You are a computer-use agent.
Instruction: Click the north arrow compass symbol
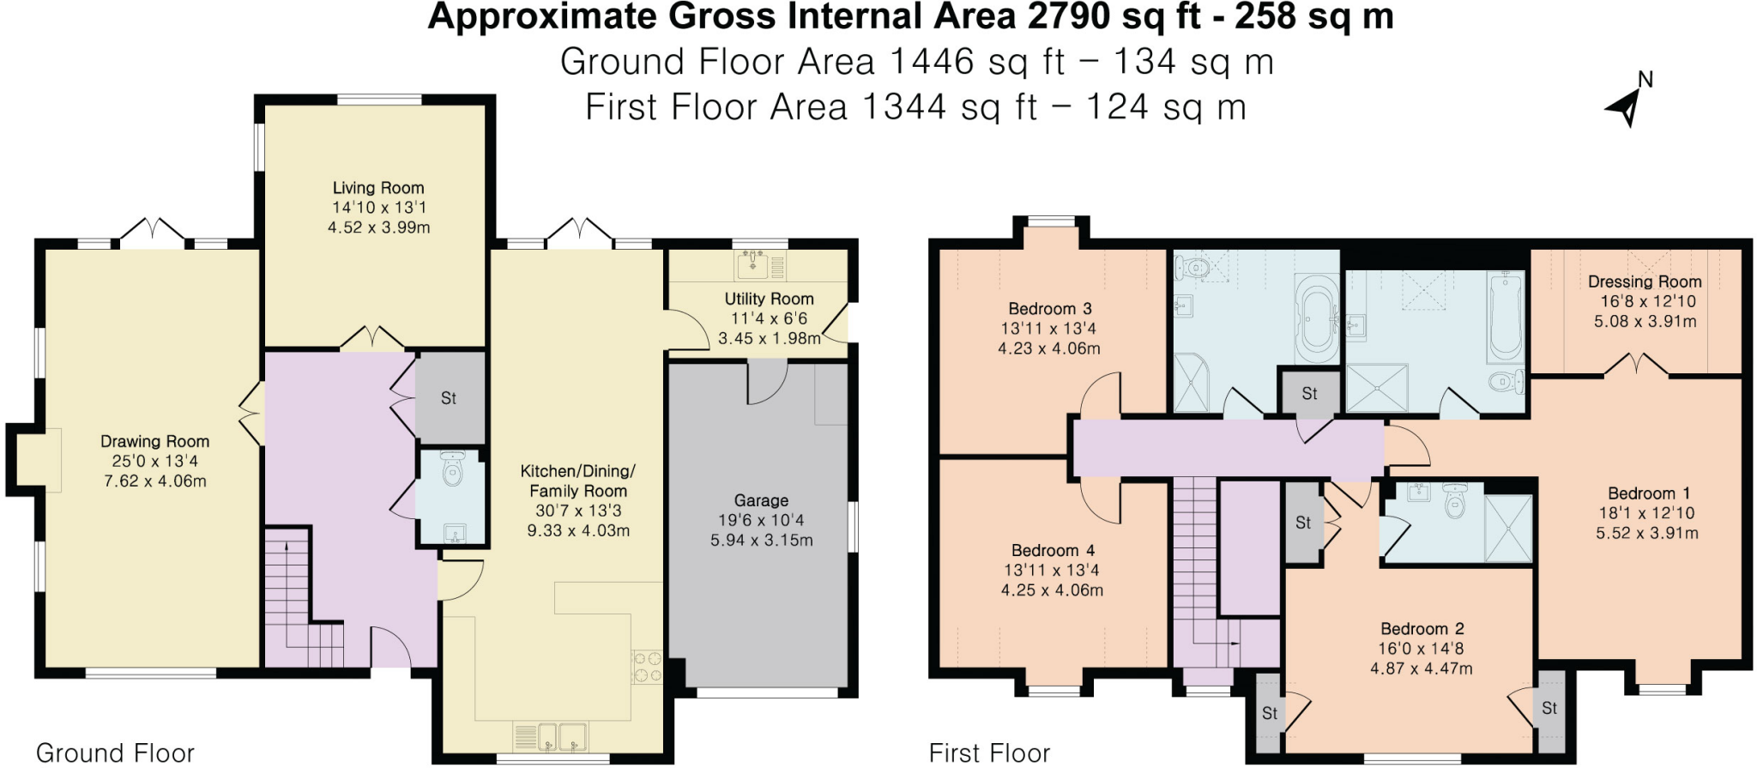1626,106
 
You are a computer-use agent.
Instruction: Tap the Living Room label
378,188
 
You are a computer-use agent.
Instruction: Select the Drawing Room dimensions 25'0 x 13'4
154,462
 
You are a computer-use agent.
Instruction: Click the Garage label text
761,500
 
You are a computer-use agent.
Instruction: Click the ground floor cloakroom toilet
452,470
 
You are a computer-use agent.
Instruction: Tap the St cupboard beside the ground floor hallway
450,398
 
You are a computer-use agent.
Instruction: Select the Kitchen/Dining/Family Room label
577,481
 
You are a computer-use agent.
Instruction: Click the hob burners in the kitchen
648,668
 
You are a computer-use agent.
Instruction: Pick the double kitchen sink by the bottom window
550,735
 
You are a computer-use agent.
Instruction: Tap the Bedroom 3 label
1049,309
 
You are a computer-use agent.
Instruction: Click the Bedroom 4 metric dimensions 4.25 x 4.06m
1052,590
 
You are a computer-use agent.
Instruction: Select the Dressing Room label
1644,281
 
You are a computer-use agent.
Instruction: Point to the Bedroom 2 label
1422,629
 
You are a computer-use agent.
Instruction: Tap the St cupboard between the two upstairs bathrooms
1309,394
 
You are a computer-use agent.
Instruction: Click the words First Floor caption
989,753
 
